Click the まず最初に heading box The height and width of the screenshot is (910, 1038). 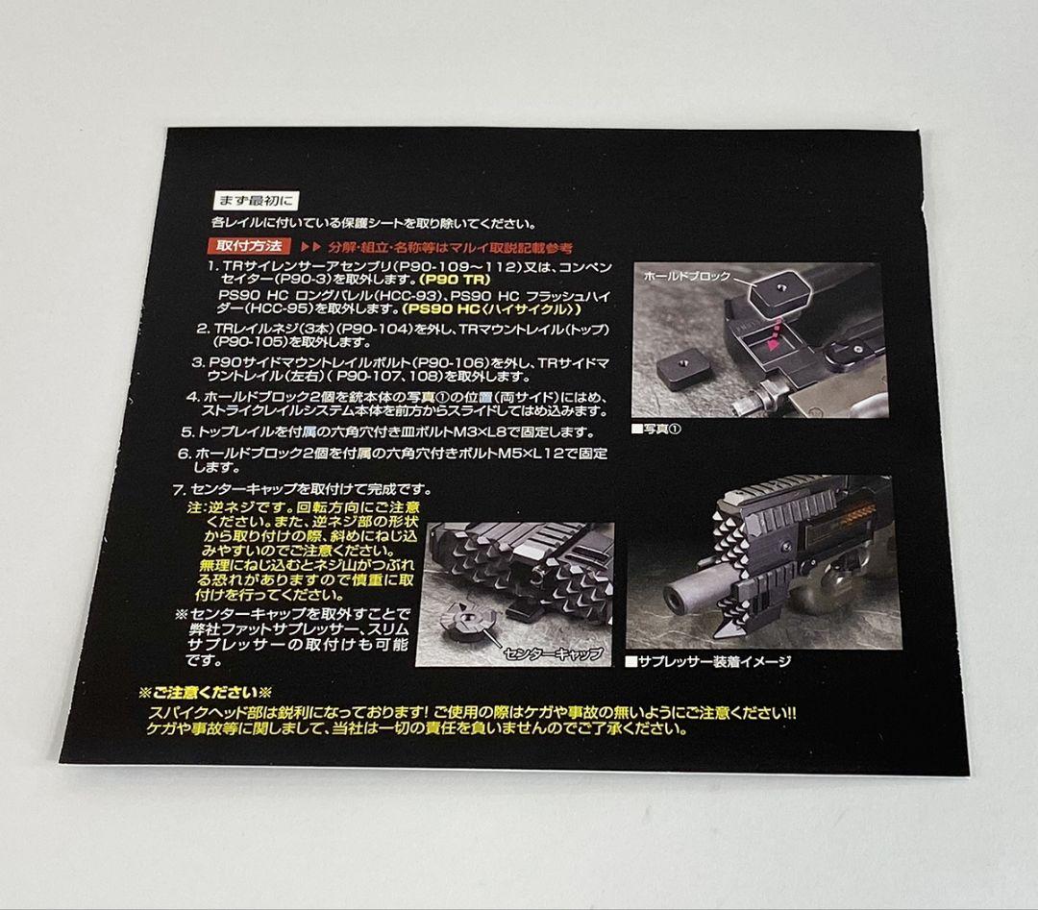pos(256,202)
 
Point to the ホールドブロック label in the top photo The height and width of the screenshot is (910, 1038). pos(686,276)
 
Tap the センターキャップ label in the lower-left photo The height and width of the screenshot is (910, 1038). pos(554,652)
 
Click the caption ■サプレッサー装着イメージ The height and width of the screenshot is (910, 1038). pos(707,661)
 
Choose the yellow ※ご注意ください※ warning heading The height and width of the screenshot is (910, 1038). pos(207,692)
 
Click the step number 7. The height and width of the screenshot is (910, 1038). pos(177,489)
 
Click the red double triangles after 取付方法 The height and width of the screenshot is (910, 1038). pos(309,247)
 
